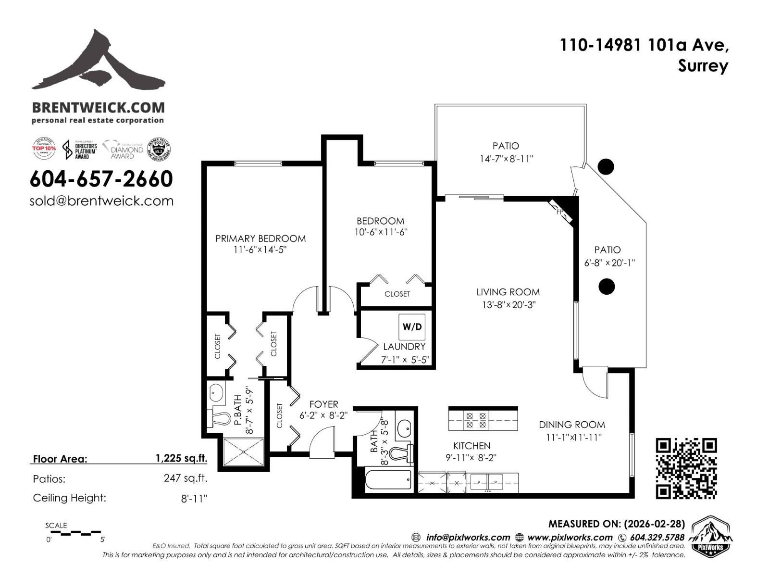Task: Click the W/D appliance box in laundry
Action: click(412, 327)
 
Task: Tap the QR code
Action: click(686, 468)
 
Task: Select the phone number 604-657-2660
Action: click(101, 179)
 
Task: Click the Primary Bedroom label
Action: click(260, 238)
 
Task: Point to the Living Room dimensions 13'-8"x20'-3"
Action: click(508, 305)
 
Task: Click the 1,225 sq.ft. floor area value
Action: click(181, 458)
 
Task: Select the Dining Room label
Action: click(571, 425)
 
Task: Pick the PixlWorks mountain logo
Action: click(712, 535)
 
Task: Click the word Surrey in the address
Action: click(703, 66)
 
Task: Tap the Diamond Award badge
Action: click(123, 149)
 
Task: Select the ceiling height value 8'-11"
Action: click(194, 499)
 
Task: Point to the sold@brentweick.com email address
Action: click(101, 201)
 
